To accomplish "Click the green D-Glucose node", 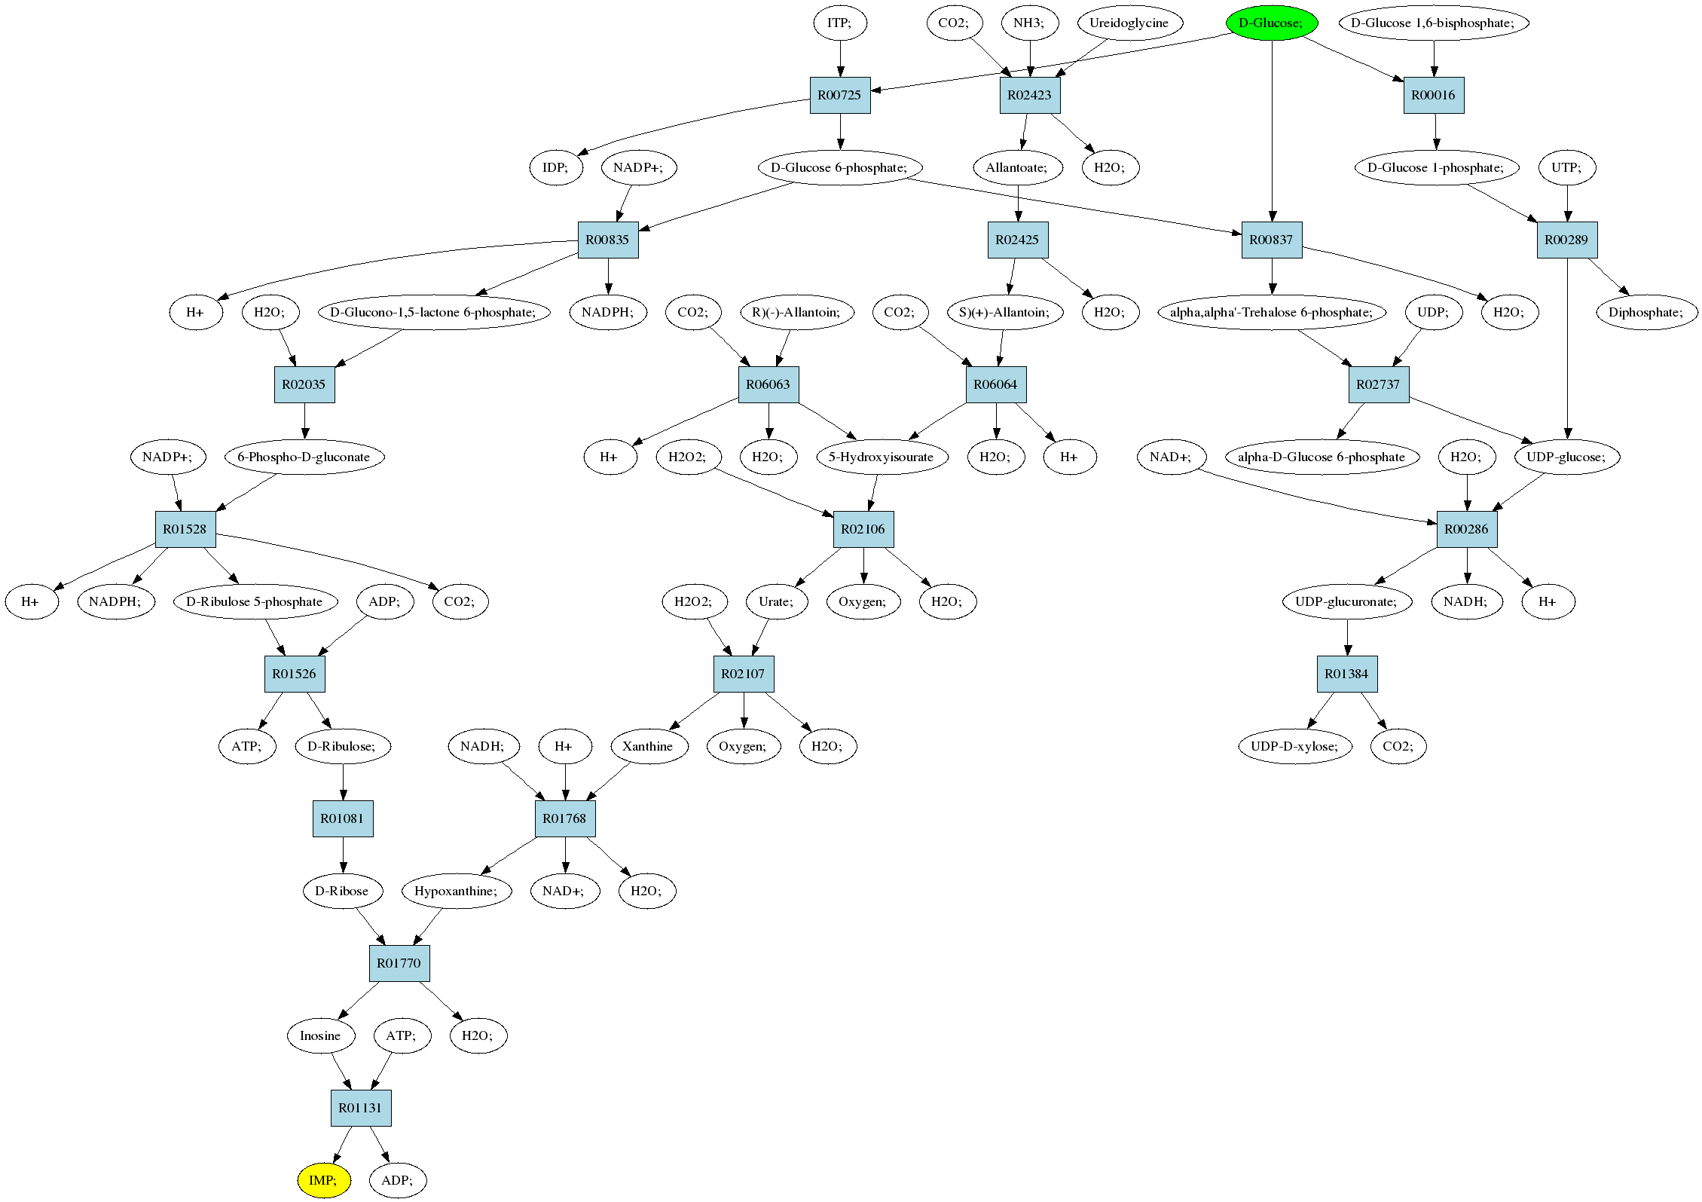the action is pyautogui.click(x=1272, y=23).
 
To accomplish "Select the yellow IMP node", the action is pyautogui.click(x=324, y=1180).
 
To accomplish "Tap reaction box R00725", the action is pyautogui.click(x=840, y=95).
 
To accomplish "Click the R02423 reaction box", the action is pyautogui.click(x=1030, y=95).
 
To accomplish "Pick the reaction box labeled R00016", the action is pyautogui.click(x=1434, y=95).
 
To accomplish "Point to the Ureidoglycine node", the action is pyautogui.click(x=1129, y=23).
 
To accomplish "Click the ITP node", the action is pyautogui.click(x=840, y=23).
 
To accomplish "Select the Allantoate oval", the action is pyautogui.click(x=1017, y=167).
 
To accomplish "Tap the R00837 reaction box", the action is pyautogui.click(x=1271, y=240).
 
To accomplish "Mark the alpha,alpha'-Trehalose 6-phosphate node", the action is pyautogui.click(x=1272, y=312).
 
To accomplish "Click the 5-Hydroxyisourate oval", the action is pyautogui.click(x=882, y=457).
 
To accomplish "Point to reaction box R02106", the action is pyautogui.click(x=863, y=529).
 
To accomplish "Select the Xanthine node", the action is pyautogui.click(x=648, y=746).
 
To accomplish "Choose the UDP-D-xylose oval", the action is pyautogui.click(x=1294, y=746).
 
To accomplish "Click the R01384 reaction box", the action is pyautogui.click(x=1347, y=674).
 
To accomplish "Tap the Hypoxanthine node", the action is pyautogui.click(x=457, y=891).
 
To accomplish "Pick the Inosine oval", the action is pyautogui.click(x=321, y=1035).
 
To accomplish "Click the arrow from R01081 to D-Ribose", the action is pyautogui.click(x=344, y=855).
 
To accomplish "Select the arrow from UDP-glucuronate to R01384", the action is pyautogui.click(x=1347, y=638).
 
